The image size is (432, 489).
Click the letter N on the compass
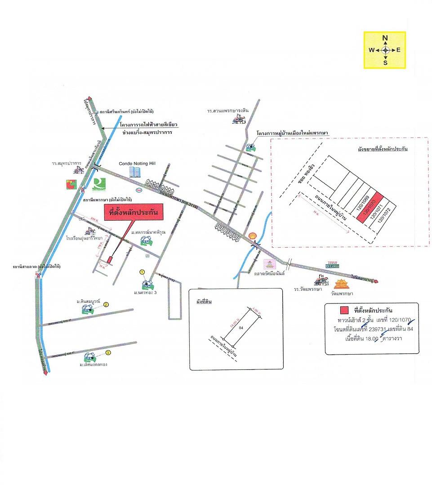tap(385, 38)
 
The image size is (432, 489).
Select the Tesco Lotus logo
tap(332, 266)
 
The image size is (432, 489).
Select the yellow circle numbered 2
tap(106, 304)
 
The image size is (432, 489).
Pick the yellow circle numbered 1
tap(142, 272)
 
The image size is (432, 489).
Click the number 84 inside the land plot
tap(241, 328)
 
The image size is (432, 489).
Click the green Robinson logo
tap(98, 184)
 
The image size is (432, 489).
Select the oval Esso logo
tap(139, 189)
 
